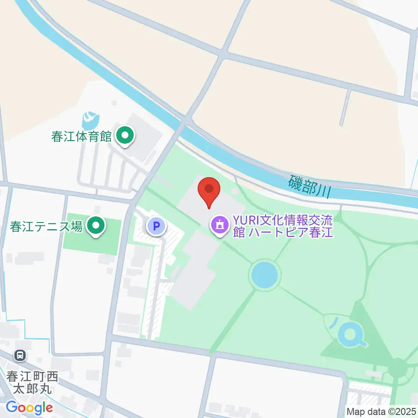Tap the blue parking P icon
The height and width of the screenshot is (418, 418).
pos(155,226)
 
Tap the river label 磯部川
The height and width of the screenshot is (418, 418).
pos(310,186)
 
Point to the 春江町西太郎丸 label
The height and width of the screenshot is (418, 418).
pos(32,381)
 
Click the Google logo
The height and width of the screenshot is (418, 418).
pos(29,408)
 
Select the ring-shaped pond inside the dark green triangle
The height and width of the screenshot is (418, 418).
pos(351,335)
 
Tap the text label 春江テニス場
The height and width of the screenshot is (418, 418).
pos(46,226)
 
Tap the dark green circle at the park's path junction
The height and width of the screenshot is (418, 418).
pos(397,368)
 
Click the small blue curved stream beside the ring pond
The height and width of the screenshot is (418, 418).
pos(333,323)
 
